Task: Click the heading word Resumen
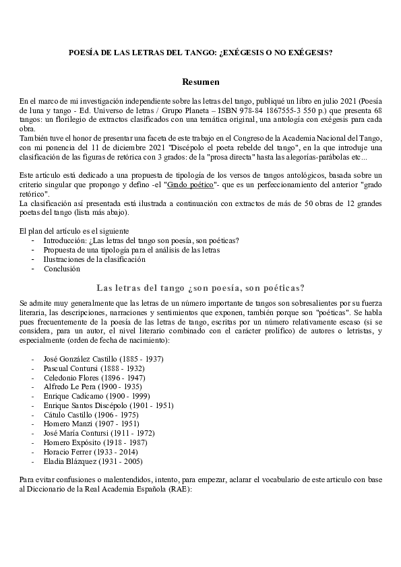(x=200, y=81)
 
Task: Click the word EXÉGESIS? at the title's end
(x=307, y=52)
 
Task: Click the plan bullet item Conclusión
(x=62, y=268)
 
